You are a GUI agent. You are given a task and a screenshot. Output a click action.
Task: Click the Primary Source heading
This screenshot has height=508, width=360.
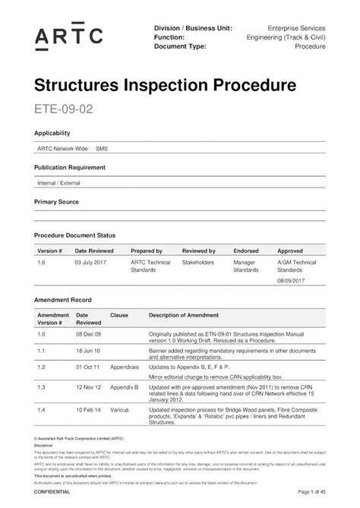pyautogui.click(x=57, y=203)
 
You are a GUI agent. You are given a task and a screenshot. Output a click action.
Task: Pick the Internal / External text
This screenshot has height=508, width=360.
pyautogui.click(x=58, y=184)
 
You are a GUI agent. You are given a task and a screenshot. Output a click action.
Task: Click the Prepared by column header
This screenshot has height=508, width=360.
pyautogui.click(x=147, y=251)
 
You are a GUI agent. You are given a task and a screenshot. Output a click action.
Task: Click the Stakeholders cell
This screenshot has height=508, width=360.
pyautogui.click(x=198, y=262)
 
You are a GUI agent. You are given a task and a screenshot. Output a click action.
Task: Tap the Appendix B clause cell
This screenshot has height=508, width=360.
pyautogui.click(x=124, y=387)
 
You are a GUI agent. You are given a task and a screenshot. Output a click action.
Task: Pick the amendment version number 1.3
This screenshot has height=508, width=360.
pyautogui.click(x=42, y=387)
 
